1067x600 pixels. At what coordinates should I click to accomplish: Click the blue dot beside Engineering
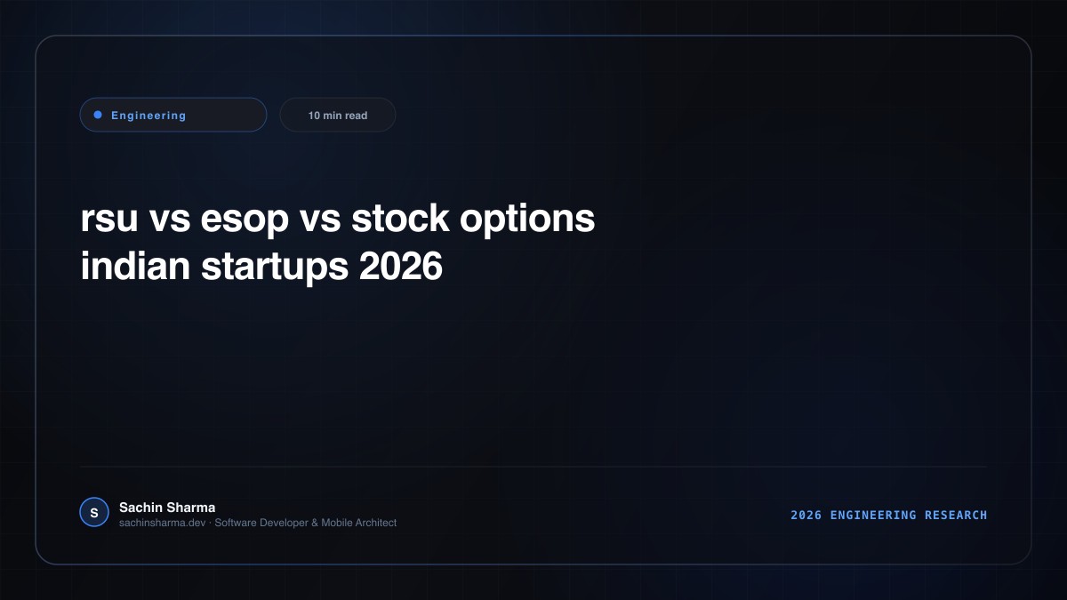click(x=98, y=115)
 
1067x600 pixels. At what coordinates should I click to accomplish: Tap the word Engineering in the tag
click(x=148, y=116)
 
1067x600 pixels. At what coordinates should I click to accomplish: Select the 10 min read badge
click(x=337, y=115)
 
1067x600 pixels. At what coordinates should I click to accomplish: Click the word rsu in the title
click(x=109, y=218)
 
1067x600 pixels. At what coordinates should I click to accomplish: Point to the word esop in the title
click(x=245, y=220)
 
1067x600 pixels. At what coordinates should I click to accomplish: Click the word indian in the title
click(x=135, y=265)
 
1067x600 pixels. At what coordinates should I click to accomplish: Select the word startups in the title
click(x=275, y=268)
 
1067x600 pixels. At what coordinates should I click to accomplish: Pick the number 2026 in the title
click(x=401, y=266)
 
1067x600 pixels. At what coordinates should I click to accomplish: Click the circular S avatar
click(x=94, y=512)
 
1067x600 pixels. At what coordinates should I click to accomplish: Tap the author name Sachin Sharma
click(x=167, y=508)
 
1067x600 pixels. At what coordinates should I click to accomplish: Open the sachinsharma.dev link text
click(x=163, y=523)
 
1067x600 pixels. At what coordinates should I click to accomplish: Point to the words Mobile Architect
click(x=358, y=523)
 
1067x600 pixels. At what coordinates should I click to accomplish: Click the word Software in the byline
click(x=236, y=523)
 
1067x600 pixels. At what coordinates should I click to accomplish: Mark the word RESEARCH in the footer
click(x=956, y=516)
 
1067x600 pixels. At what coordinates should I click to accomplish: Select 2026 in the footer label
click(x=806, y=516)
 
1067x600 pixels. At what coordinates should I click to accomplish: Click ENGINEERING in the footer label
click(x=873, y=516)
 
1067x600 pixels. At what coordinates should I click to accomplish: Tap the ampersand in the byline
click(x=315, y=523)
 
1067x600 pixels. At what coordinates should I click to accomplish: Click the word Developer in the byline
click(x=284, y=524)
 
